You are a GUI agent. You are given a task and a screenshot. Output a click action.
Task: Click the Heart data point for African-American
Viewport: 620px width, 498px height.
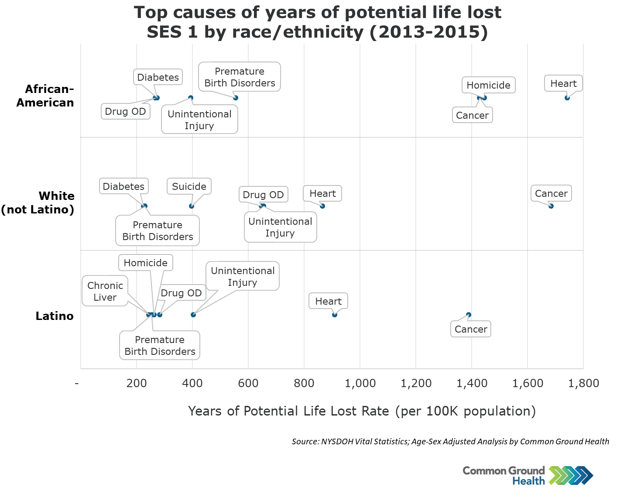567,98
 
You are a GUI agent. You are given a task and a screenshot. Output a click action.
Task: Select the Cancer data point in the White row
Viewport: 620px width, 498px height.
551,206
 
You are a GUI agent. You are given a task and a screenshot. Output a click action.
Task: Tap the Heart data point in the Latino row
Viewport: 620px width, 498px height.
335,315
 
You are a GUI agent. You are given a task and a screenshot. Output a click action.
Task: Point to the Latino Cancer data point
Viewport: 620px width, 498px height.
469,315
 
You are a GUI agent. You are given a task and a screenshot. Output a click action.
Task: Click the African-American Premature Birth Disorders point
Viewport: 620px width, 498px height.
236,98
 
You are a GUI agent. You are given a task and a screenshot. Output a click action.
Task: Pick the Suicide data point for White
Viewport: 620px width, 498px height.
192,206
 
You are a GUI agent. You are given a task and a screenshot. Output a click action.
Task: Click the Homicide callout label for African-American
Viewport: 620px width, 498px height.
488,85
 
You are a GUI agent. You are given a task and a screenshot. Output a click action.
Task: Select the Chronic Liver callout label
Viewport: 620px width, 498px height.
105,291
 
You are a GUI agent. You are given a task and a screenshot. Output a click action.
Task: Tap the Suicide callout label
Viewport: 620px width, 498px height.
189,186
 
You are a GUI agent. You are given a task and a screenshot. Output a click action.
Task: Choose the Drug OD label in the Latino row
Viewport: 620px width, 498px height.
181,293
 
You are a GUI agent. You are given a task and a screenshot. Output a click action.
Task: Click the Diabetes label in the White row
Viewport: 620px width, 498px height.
123,186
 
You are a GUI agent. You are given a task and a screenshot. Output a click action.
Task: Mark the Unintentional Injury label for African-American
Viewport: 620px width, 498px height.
199,120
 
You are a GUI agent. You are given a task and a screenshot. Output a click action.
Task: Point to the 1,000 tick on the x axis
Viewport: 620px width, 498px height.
360,384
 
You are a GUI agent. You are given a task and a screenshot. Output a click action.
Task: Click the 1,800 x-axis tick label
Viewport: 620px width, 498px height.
583,384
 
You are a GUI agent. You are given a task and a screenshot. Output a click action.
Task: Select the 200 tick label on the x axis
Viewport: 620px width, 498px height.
137,384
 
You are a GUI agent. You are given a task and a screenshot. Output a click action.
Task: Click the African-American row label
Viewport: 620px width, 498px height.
45,96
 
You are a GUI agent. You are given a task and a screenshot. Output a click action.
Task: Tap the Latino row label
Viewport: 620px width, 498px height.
55,316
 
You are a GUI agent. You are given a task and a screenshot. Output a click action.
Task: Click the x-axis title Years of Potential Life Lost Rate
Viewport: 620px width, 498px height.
362,411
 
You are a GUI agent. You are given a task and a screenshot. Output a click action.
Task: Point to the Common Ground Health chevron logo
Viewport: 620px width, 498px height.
571,475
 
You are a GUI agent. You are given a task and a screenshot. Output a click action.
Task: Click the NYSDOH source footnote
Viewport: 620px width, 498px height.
450,442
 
